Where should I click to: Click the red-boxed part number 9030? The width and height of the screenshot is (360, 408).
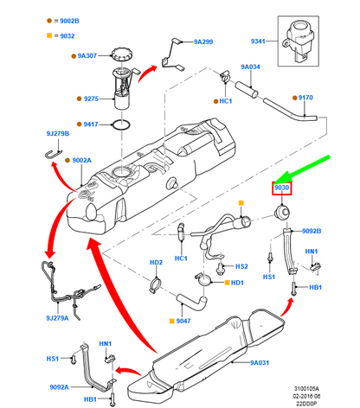coord(281,188)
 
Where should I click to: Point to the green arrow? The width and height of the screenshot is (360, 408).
coord(302,169)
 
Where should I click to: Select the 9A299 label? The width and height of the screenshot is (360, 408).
coord(203,41)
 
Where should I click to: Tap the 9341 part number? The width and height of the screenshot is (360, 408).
coord(258,41)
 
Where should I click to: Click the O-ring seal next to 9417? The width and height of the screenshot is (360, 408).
coord(121,124)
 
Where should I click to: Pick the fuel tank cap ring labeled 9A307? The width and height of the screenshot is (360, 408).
coord(122,54)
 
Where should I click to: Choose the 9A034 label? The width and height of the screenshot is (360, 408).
coord(250,67)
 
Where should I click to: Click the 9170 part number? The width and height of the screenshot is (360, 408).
coord(305,98)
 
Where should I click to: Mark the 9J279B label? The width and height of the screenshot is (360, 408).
coord(58,134)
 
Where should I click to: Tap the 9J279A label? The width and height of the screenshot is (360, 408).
coord(57,318)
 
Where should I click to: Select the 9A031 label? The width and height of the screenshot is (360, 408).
coord(260,363)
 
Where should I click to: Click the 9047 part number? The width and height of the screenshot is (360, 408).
coord(183,321)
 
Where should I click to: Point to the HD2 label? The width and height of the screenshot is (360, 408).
coord(156,263)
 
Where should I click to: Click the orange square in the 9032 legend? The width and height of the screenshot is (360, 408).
coord(49,35)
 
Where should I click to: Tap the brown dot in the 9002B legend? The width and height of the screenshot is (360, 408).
coord(49,21)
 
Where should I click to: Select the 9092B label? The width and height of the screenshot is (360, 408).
coord(312,231)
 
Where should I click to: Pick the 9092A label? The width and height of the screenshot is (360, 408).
coord(59,387)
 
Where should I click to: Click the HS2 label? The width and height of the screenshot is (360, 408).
coord(241,266)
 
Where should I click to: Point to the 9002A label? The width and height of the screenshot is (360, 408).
coord(82,160)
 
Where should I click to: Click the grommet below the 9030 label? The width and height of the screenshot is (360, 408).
coord(282,212)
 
